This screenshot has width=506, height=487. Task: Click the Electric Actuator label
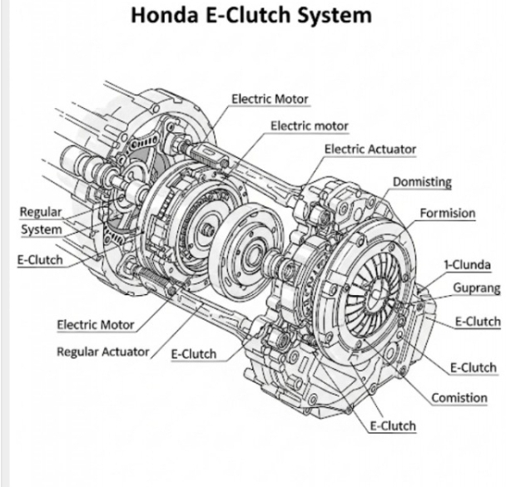370,149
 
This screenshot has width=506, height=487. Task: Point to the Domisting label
421,181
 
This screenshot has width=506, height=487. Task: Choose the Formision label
448,213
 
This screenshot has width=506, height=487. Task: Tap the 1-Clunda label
467,265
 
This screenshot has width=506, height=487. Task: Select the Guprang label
476,288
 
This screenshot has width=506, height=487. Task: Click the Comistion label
459,397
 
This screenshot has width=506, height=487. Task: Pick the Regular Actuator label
102,351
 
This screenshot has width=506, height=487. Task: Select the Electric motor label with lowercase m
310,125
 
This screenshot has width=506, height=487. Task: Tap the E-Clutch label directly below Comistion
393,426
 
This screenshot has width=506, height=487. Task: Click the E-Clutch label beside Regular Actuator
194,354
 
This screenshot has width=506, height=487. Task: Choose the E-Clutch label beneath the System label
40,258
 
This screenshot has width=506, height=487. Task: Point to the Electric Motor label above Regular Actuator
97,323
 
